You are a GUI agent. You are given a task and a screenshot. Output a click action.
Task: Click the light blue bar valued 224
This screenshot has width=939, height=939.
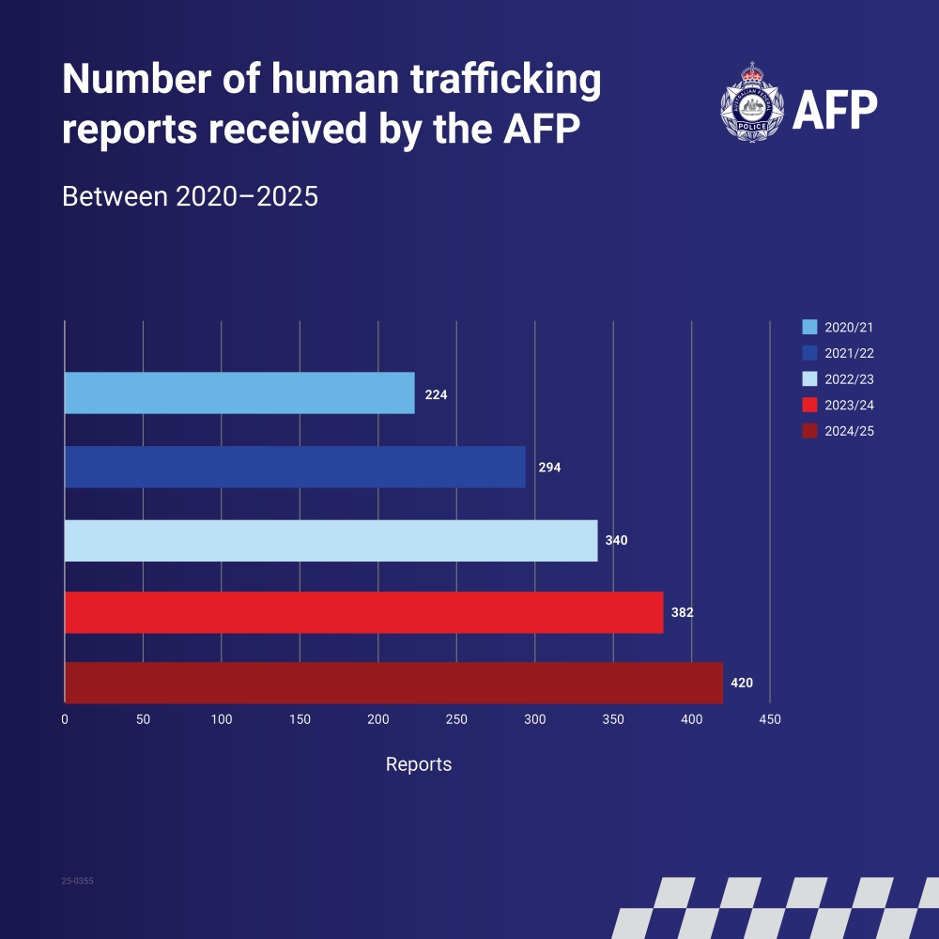coord(239,393)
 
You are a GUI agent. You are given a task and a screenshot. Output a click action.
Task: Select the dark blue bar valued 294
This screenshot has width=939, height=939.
coord(295,467)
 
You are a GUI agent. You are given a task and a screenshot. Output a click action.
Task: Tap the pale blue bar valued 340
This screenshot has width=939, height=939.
coord(331,540)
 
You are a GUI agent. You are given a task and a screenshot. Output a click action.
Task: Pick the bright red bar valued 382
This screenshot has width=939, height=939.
coord(363,612)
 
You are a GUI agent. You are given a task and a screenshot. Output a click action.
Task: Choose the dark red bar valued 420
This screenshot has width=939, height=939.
coord(393,683)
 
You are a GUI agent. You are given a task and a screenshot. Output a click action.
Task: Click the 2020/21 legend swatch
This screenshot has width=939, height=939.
coord(809,328)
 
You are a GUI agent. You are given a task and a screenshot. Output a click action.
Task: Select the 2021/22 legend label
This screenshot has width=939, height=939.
coord(850,354)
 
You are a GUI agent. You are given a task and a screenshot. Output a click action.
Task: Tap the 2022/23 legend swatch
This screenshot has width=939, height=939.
coord(809,379)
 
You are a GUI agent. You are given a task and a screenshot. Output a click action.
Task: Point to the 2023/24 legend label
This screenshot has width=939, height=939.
coord(850,406)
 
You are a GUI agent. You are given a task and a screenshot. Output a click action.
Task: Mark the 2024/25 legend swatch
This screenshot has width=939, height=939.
coord(809,431)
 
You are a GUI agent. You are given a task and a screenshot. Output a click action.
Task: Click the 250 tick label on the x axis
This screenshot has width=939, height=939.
coord(456,719)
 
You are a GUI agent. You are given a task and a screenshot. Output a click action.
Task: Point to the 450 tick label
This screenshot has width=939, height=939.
coord(770,719)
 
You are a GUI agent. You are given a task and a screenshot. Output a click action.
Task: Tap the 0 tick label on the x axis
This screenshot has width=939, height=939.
coord(65,719)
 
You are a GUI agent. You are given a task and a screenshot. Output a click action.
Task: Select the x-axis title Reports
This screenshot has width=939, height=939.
coord(419,764)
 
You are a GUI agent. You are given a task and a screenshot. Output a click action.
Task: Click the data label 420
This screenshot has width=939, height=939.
coord(742,683)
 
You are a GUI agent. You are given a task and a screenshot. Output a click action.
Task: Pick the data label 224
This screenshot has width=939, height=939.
coord(436,395)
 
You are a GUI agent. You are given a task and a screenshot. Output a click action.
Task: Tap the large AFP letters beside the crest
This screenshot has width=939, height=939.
coord(835,112)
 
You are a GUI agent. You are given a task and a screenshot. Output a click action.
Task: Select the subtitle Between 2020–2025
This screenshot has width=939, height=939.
coord(190,198)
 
